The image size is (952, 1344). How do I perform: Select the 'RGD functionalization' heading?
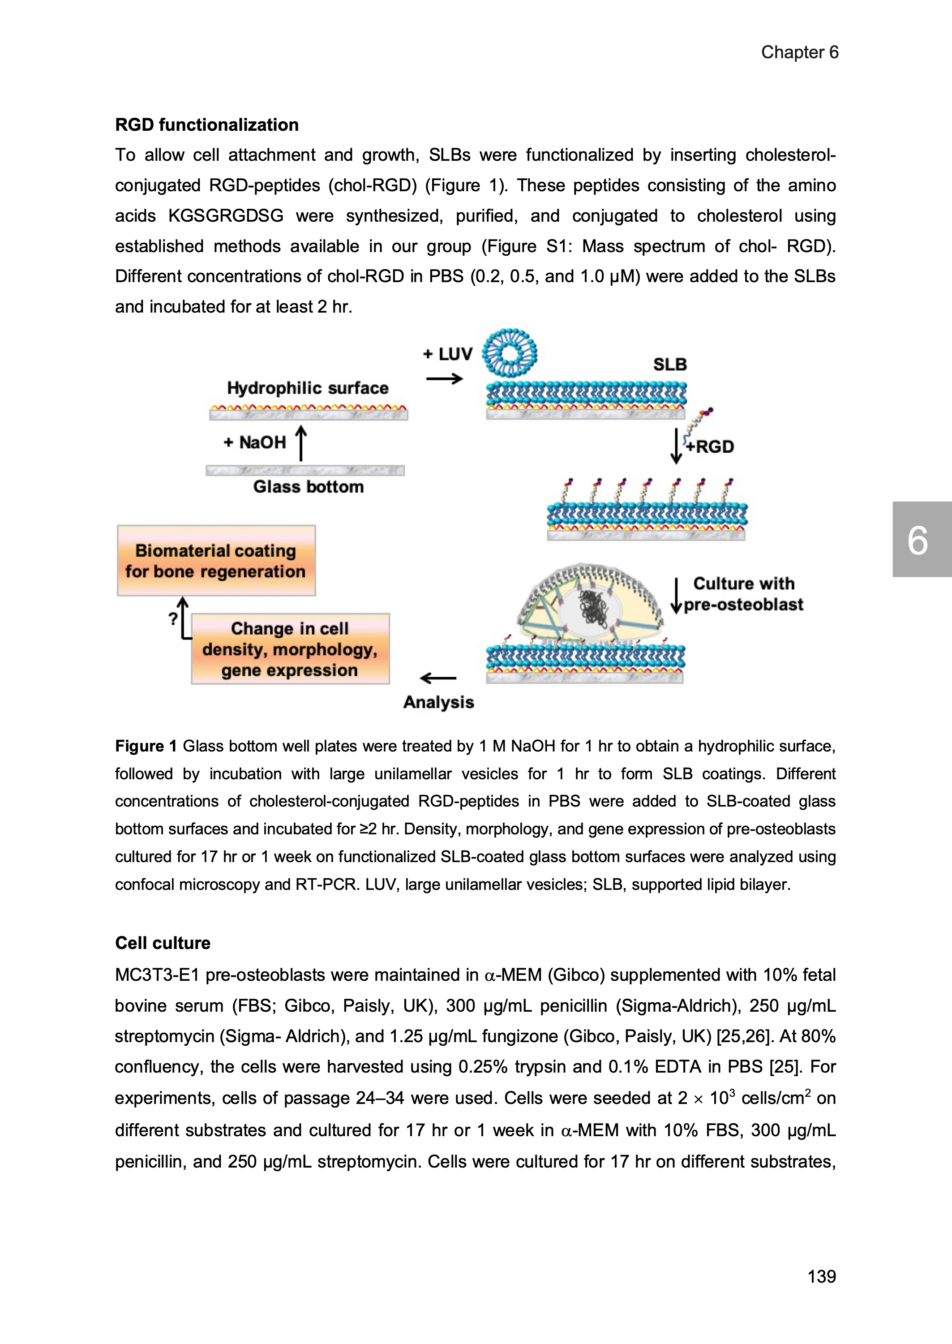point(207,125)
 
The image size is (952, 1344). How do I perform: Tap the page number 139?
point(821,1276)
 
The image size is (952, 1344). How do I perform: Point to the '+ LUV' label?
point(448,354)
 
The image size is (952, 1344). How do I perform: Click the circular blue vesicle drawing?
point(510,352)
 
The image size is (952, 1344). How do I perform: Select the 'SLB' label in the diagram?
point(670,365)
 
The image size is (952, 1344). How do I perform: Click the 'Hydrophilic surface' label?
point(308,388)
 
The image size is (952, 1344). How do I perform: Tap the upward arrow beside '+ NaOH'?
point(301,442)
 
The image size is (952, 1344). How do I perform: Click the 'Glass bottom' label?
point(309,486)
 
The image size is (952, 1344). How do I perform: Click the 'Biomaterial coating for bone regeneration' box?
point(216,560)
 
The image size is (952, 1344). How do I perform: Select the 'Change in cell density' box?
point(290,649)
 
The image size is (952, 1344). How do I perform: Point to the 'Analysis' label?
point(438,702)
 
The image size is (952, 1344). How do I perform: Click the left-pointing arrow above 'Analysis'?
point(438,678)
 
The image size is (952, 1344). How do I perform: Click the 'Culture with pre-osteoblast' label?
point(743,594)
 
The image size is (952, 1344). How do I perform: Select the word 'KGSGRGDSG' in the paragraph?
point(226,216)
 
